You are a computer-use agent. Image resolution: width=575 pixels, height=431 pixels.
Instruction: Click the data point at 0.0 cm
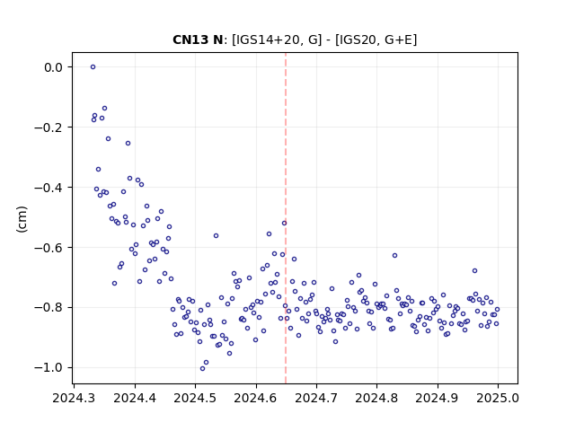pyautogui.click(x=93, y=67)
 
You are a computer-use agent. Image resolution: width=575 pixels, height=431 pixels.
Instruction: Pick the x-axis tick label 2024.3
pyautogui.click(x=74, y=398)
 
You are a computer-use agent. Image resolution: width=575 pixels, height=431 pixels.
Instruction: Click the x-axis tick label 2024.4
pyautogui.click(x=135, y=398)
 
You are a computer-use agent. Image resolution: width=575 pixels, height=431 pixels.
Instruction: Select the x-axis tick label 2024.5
pyautogui.click(x=195, y=398)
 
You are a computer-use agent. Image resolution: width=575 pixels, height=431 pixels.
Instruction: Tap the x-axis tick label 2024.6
pyautogui.click(x=255, y=398)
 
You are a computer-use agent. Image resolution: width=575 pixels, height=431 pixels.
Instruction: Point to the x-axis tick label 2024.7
pyautogui.click(x=316, y=398)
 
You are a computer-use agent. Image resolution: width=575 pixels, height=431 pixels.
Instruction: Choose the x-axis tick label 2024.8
pyautogui.click(x=376, y=398)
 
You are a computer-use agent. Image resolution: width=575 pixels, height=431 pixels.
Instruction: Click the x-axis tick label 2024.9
pyautogui.click(x=438, y=398)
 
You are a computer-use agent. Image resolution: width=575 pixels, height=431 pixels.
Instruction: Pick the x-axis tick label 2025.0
pyautogui.click(x=498, y=398)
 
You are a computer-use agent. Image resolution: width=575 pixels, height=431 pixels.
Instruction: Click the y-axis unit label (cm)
pyautogui.click(x=22, y=219)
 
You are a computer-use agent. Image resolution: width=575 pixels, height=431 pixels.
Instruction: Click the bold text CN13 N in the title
pyautogui.click(x=198, y=40)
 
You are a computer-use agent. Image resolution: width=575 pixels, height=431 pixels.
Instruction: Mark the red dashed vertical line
pyautogui.click(x=286, y=218)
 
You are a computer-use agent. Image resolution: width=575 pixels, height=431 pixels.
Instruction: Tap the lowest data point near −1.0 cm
pyautogui.click(x=202, y=368)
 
